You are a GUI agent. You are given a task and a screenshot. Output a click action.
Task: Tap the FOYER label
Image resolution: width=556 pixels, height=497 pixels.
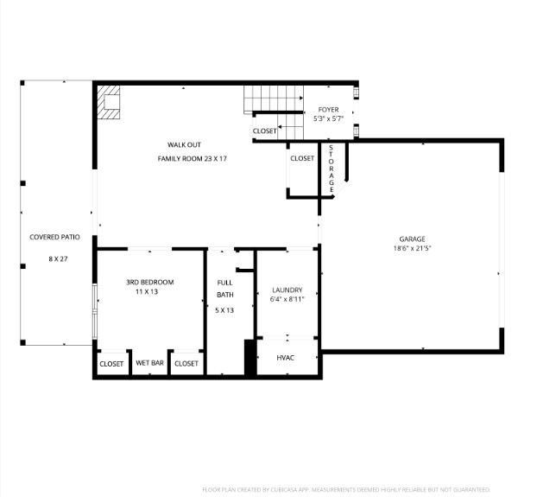point(328,110)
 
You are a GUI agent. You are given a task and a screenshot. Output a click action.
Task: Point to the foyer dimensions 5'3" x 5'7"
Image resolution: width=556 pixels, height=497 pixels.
point(328,119)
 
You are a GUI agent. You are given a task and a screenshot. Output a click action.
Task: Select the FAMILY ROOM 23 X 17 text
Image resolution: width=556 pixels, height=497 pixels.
point(192,159)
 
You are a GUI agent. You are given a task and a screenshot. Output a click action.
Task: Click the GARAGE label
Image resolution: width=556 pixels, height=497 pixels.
point(412,239)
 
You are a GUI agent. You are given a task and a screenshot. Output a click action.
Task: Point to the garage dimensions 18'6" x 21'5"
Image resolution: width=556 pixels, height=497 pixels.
point(412,249)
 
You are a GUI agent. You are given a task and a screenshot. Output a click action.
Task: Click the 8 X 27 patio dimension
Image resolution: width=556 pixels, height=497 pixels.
point(58,258)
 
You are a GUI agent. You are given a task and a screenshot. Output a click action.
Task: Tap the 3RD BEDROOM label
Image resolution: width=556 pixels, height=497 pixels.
point(149,283)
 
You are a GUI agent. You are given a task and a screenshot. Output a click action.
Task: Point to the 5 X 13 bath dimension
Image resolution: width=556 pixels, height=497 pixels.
point(224,309)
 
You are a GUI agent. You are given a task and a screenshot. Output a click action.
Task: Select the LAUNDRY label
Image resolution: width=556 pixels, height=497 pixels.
point(287,290)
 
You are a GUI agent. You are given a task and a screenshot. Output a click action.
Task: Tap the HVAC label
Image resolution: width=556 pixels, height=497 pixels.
point(286,358)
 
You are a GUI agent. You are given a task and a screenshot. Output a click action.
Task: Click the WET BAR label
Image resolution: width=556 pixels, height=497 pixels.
point(149,364)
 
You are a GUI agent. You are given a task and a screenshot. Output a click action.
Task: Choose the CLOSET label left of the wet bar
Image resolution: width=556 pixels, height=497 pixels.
point(111,364)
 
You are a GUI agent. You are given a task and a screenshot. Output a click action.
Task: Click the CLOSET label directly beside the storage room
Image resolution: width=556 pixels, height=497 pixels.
point(302,158)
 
